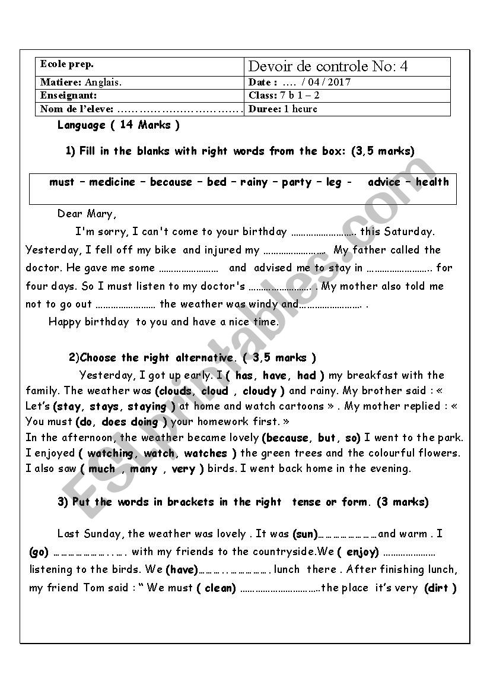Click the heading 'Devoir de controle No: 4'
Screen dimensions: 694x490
[328, 66]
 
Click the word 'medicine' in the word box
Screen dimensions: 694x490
[112, 182]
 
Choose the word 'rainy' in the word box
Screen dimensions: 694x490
[254, 182]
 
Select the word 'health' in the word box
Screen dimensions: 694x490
[432, 182]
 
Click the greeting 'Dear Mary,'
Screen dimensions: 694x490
[87, 214]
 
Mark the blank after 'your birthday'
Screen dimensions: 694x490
[324, 232]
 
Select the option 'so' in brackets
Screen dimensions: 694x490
[352, 438]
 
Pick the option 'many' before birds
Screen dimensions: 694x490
[144, 469]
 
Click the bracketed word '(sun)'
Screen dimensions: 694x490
[306, 534]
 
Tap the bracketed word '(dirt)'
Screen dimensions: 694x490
[440, 588]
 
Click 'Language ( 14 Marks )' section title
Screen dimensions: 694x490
[118, 125]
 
